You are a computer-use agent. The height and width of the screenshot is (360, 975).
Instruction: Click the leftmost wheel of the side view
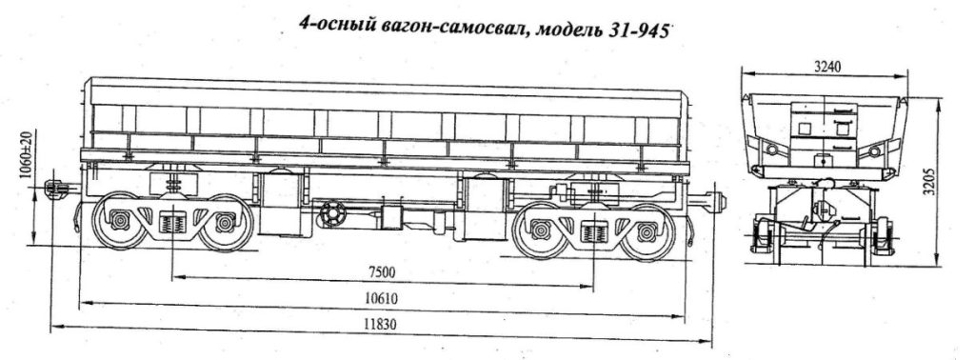(120, 223)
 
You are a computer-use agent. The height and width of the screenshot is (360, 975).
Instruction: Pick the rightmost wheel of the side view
(650, 229)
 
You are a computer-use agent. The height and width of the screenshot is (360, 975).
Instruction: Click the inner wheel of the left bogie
(225, 224)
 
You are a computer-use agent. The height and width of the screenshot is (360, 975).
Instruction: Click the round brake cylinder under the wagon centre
(332, 214)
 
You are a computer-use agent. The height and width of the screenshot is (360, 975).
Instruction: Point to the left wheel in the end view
(762, 234)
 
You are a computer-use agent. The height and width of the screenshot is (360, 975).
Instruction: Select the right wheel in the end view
(884, 234)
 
